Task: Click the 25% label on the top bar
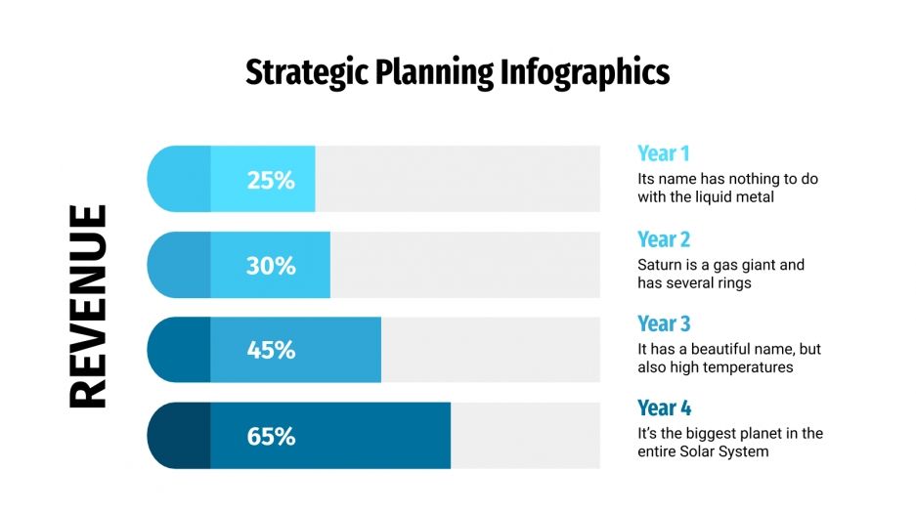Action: (x=271, y=180)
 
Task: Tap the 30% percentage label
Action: (x=271, y=265)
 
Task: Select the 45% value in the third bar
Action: (x=271, y=350)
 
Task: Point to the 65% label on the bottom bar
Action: (x=271, y=436)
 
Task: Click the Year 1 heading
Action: (x=664, y=153)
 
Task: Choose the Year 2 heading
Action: (x=664, y=239)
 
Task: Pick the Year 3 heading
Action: (x=664, y=323)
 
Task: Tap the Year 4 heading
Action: (x=664, y=408)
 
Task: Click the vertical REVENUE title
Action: (x=88, y=306)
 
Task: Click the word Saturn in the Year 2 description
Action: (x=661, y=265)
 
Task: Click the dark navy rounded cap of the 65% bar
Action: (x=179, y=436)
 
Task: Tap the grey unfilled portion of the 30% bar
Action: (x=464, y=265)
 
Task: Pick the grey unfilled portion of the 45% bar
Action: (x=489, y=350)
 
